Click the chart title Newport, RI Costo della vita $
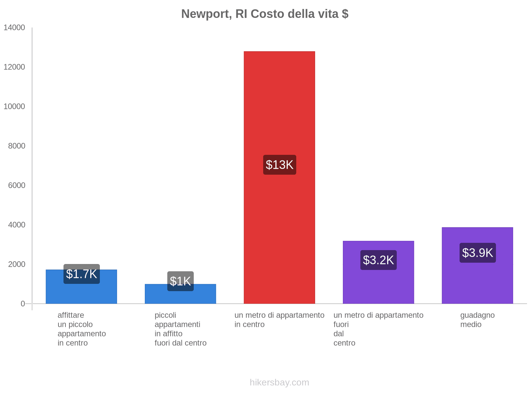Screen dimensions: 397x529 (x=264, y=14)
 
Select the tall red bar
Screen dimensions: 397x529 (x=279, y=99)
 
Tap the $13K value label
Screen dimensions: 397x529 (x=279, y=165)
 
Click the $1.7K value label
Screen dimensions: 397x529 (x=81, y=274)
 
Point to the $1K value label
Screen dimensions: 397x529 (x=180, y=281)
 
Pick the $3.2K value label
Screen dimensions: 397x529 (x=378, y=260)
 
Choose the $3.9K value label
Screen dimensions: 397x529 (x=477, y=253)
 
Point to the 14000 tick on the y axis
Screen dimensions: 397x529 (x=14, y=28)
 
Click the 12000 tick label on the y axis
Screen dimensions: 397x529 (x=14, y=67)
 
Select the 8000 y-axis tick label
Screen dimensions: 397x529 (x=17, y=146)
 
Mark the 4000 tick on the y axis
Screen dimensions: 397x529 (x=17, y=225)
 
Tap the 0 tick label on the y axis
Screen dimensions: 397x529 (x=23, y=304)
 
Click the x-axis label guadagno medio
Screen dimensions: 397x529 (x=477, y=320)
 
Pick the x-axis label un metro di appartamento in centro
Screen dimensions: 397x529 (x=279, y=320)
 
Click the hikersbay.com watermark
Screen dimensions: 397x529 (x=279, y=382)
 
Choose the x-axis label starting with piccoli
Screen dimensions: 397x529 (x=180, y=329)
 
